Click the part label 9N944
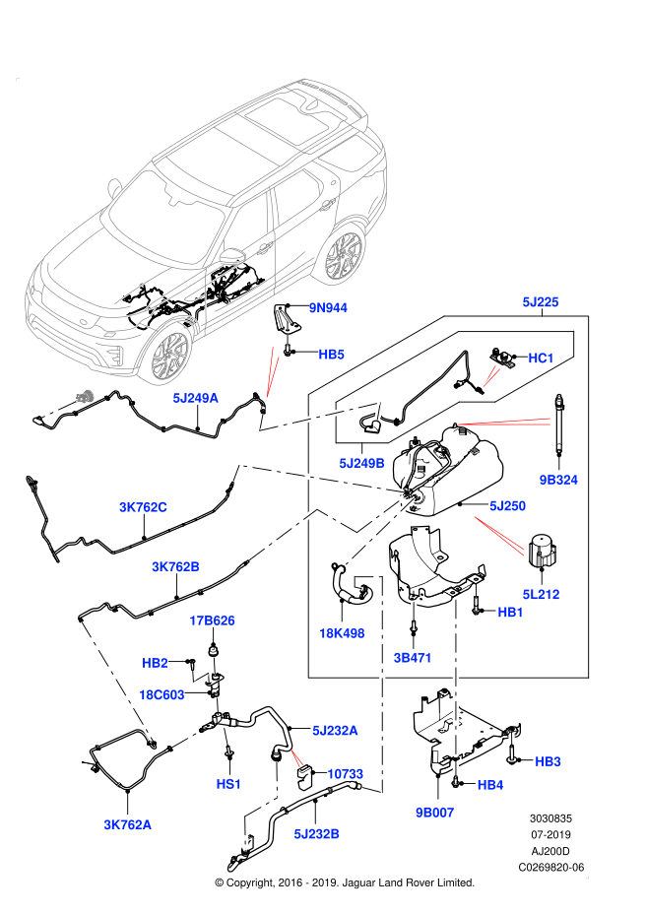(328, 307)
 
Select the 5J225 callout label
(541, 302)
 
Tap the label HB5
(332, 355)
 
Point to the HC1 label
(542, 359)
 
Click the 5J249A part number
(196, 398)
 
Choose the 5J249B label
(362, 463)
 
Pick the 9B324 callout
(558, 481)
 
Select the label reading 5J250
(508, 506)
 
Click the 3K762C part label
(144, 507)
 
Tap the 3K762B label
(176, 567)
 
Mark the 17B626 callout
(213, 620)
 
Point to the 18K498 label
(342, 633)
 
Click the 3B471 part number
(413, 658)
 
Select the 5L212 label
(542, 595)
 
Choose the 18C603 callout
(162, 695)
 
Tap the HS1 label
(229, 784)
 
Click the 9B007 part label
(435, 813)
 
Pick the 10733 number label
(346, 774)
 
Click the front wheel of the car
(170, 356)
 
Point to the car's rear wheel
(345, 255)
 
